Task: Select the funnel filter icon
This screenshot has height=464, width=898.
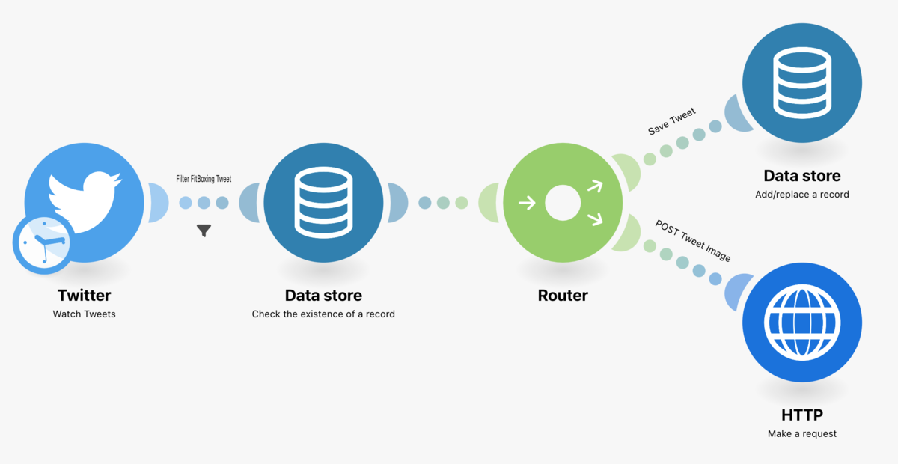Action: (x=204, y=231)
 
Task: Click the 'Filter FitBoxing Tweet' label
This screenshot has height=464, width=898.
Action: (x=204, y=179)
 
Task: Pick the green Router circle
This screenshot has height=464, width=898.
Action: (x=563, y=202)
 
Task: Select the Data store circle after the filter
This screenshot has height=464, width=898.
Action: (x=323, y=202)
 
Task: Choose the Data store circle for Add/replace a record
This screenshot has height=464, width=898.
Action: (x=802, y=82)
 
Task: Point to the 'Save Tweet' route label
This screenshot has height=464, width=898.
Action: (x=671, y=121)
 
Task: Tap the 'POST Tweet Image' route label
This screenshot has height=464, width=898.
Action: (x=693, y=240)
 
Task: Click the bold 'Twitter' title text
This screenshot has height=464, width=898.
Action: (x=84, y=296)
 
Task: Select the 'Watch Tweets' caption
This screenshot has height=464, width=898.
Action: (x=84, y=314)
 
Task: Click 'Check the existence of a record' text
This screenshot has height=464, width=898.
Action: (x=323, y=314)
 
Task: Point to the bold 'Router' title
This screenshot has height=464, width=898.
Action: (x=563, y=296)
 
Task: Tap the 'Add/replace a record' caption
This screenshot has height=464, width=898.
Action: (x=802, y=194)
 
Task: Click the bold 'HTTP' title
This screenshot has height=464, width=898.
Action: (x=802, y=415)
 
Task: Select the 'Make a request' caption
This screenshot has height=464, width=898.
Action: (x=802, y=433)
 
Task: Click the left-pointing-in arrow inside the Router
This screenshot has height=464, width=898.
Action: (x=527, y=202)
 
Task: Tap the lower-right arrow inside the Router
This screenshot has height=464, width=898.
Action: (x=595, y=219)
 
